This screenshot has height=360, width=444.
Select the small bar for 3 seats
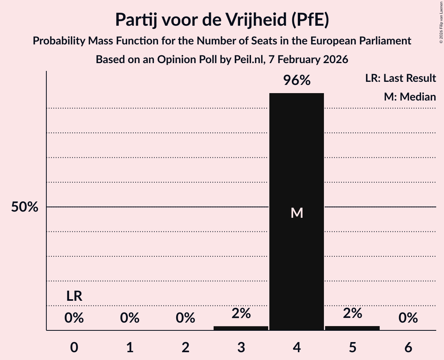(x=241, y=328)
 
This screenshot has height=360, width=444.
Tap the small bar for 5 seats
(x=352, y=328)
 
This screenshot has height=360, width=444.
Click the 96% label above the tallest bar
(x=297, y=81)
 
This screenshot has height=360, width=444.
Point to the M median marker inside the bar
(x=297, y=213)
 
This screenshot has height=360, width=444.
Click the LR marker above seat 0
(x=74, y=296)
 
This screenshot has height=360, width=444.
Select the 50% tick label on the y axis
(x=25, y=207)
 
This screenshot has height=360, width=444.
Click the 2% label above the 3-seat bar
(x=241, y=313)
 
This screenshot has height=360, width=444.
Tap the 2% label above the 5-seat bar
(x=352, y=313)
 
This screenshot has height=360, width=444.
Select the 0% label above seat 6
(x=408, y=318)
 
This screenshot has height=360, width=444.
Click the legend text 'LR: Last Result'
(x=400, y=78)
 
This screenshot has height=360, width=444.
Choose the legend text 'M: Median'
(x=410, y=97)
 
